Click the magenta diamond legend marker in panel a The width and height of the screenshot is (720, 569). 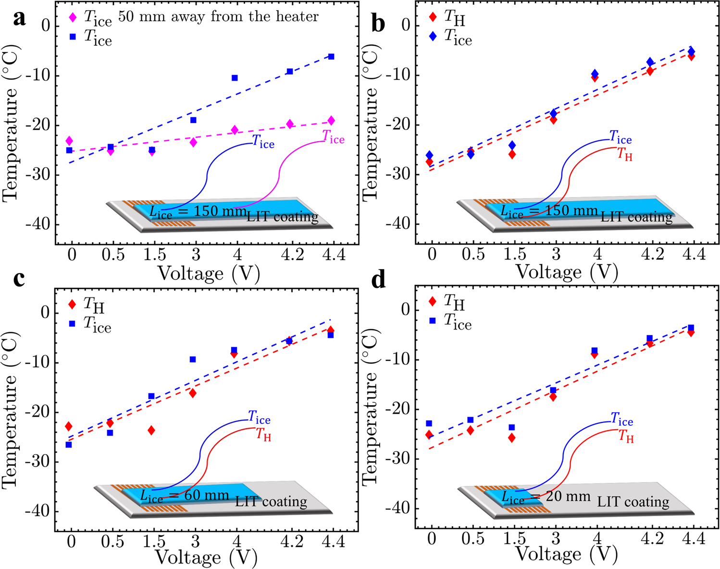pyautogui.click(x=73, y=17)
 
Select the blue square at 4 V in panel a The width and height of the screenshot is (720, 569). pyautogui.click(x=235, y=78)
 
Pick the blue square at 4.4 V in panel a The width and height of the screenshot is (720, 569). pyautogui.click(x=331, y=57)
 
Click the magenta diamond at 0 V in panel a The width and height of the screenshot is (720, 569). pyautogui.click(x=69, y=141)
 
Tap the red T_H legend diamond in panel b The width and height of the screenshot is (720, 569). pyautogui.click(x=433, y=17)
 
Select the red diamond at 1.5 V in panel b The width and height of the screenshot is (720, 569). pyautogui.click(x=512, y=154)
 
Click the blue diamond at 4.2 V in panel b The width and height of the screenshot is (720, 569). pyautogui.click(x=650, y=62)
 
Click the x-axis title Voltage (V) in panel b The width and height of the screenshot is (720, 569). pyautogui.click(x=567, y=272)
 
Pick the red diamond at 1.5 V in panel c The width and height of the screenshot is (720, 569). pyautogui.click(x=151, y=430)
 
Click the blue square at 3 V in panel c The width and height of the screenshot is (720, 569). pyautogui.click(x=193, y=359)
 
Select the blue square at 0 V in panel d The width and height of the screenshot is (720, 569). pyautogui.click(x=429, y=423)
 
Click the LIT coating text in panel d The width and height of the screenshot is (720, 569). pyautogui.click(x=633, y=502)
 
